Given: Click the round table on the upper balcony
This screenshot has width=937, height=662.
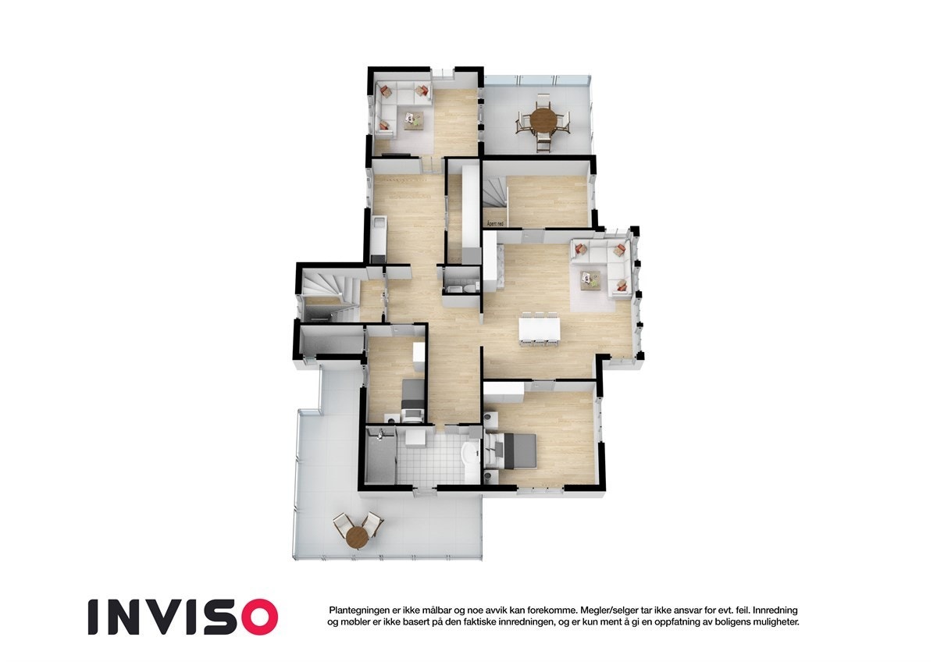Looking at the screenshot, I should [543, 120].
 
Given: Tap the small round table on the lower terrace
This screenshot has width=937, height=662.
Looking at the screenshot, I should [357, 536].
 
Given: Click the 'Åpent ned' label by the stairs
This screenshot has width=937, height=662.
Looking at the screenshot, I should [494, 224].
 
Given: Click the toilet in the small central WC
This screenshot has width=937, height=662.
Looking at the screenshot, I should [466, 287].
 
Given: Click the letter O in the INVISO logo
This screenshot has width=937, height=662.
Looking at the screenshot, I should [258, 617].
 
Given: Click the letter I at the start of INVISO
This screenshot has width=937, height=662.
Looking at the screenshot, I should [92, 617].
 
